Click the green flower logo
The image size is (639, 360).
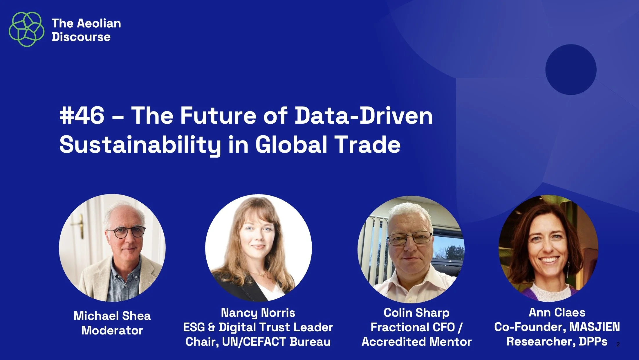(x=26, y=29)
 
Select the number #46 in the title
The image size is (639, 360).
(x=82, y=116)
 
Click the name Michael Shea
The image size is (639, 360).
(x=112, y=316)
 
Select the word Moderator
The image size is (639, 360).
(x=112, y=330)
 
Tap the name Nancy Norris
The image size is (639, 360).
(x=258, y=313)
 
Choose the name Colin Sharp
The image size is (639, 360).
(x=416, y=313)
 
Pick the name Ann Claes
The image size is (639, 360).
(x=557, y=312)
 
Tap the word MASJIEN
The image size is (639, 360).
(x=594, y=327)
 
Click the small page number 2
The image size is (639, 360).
(x=618, y=344)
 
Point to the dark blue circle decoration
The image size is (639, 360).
(x=571, y=69)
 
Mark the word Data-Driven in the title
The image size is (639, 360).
(x=364, y=116)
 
